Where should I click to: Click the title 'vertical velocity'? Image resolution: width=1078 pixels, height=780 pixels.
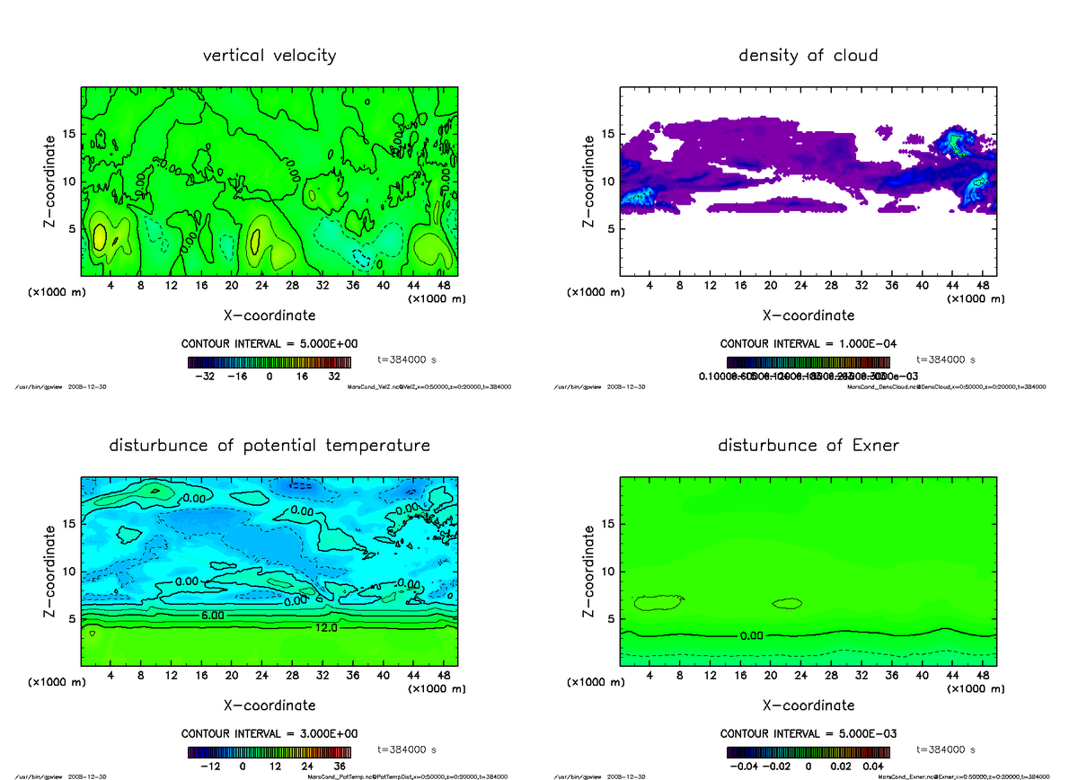click(x=269, y=56)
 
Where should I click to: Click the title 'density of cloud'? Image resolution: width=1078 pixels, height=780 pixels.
click(x=808, y=56)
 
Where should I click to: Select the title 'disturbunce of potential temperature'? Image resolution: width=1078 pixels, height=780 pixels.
click(x=269, y=446)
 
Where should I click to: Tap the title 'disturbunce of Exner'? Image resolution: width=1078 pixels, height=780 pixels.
click(x=808, y=446)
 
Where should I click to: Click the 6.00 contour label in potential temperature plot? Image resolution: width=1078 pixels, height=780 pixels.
click(x=212, y=616)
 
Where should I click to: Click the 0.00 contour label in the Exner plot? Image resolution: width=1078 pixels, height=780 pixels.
click(x=752, y=636)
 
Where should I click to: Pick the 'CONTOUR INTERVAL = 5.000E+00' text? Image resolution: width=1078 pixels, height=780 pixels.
click(x=269, y=344)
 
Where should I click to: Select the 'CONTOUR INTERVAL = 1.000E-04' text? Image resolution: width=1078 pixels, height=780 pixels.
click(x=808, y=344)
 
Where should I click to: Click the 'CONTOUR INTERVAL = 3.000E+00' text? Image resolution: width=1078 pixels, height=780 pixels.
click(x=269, y=734)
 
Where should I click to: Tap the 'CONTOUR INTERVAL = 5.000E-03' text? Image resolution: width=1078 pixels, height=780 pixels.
click(x=808, y=734)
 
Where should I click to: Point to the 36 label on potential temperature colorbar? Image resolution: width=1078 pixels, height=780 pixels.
click(x=340, y=767)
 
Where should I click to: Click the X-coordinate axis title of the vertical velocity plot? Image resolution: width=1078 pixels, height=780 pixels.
click(x=269, y=315)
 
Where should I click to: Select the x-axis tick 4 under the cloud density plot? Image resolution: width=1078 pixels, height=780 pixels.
click(x=649, y=286)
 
